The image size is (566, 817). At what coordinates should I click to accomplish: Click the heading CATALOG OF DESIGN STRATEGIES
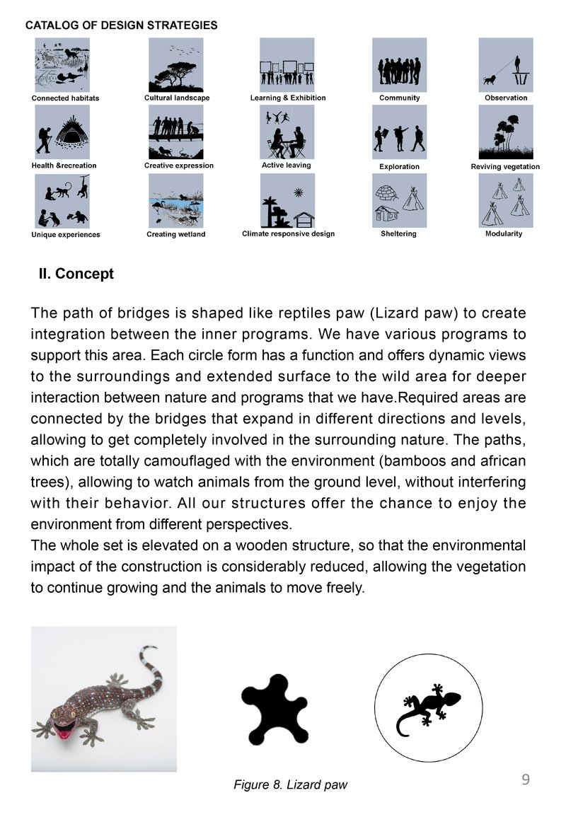point(121,25)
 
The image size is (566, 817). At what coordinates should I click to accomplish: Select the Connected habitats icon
point(62,65)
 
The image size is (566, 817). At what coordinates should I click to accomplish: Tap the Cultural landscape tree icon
point(175,65)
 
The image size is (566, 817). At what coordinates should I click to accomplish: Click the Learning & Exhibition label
point(288,98)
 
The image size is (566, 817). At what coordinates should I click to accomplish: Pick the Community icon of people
point(400,65)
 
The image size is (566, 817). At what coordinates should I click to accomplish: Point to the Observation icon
point(506,65)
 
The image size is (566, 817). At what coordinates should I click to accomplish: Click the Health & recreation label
point(64,166)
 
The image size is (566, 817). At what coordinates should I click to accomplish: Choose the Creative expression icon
point(175,132)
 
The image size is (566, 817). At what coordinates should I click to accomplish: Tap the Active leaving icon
point(287,132)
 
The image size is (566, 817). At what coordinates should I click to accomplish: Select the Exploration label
point(400,166)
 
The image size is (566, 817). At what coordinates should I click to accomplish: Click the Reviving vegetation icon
point(506,132)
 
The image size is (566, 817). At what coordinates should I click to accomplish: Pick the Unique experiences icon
point(62,201)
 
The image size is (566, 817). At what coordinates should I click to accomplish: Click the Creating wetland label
point(175,234)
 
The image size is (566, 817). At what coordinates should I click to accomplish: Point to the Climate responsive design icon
point(287,201)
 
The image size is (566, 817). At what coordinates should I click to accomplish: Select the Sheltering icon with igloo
point(400,201)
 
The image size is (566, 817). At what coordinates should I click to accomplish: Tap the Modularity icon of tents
point(506,201)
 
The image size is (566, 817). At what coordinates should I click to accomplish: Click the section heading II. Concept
point(76,274)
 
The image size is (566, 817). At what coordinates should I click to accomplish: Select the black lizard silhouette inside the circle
point(429,709)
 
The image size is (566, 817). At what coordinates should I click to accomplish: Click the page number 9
point(526,780)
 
